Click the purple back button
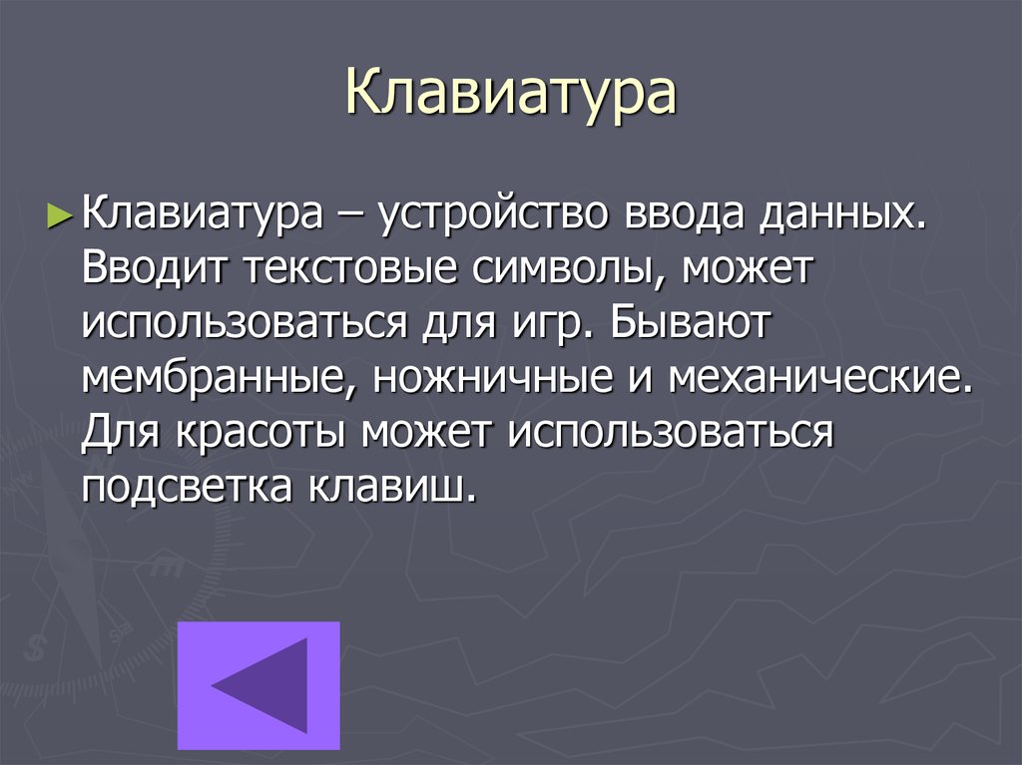259,685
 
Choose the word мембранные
210,379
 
